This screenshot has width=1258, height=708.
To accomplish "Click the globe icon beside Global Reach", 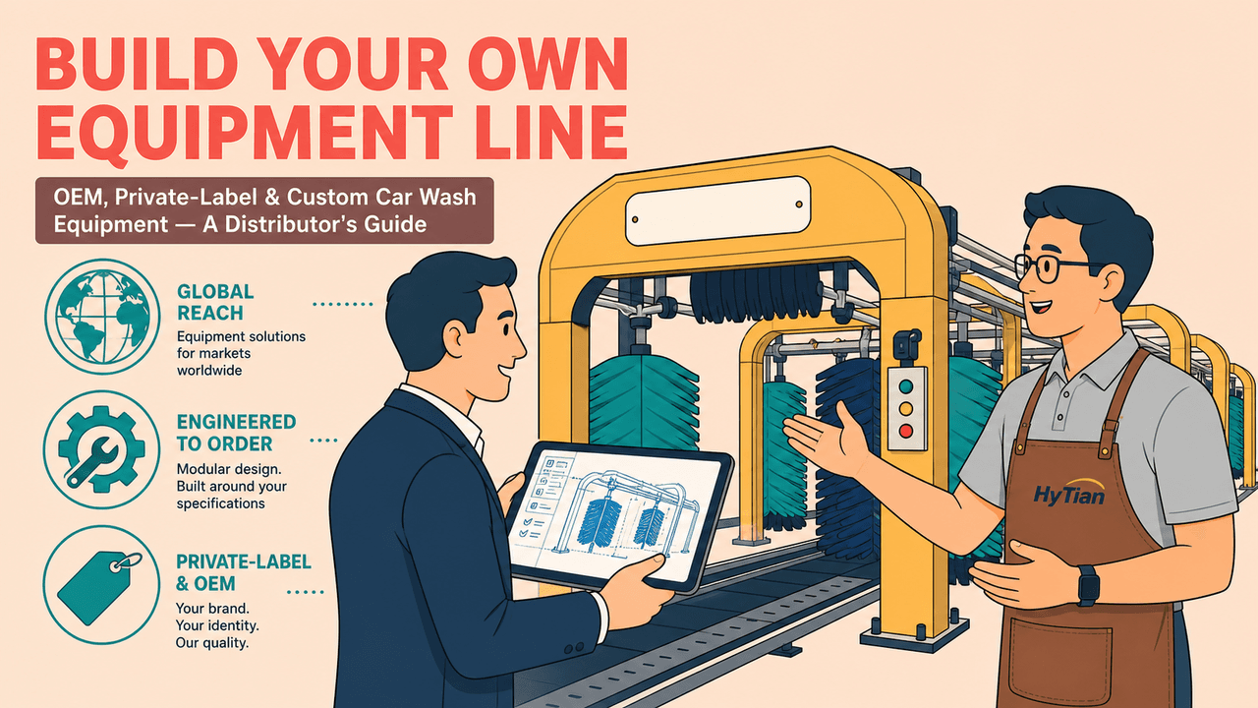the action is [102, 317].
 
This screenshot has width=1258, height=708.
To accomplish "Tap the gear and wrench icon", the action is [101, 449].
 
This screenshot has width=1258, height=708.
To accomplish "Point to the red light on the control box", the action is [906, 431].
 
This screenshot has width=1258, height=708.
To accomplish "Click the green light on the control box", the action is [906, 386].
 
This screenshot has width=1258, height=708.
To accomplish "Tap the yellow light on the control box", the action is [906, 408].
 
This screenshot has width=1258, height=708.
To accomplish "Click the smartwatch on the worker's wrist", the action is [1088, 585].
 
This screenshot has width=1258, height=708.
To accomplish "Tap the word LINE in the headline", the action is [551, 132].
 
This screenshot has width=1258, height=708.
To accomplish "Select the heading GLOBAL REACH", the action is [215, 302].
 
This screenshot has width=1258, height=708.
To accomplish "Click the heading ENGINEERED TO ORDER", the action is [236, 433].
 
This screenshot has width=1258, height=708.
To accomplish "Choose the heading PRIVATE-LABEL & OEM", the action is [243, 572].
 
